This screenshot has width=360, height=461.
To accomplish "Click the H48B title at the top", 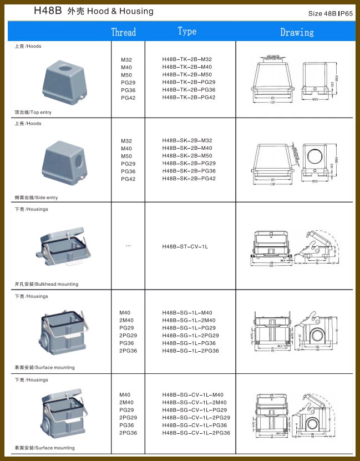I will point(47,11).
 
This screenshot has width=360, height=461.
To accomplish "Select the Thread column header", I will point(123,32).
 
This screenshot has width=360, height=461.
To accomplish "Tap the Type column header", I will point(187,31).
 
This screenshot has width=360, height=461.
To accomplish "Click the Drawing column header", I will point(297,32).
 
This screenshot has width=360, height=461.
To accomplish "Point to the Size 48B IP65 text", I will point(330,13).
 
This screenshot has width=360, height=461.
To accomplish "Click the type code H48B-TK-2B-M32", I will point(187,59).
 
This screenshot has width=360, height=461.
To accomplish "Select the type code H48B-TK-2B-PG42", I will point(189,98).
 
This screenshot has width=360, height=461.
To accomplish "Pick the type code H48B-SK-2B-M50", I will point(187,156).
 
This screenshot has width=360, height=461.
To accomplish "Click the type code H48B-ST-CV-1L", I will point(185,246).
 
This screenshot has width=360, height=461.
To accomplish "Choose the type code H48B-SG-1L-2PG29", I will point(190,336).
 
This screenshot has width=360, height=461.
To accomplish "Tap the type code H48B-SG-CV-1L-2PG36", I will point(196,433).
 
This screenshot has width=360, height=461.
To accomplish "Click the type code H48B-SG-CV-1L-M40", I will point(192,394).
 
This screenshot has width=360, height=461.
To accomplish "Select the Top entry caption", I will point(33,112).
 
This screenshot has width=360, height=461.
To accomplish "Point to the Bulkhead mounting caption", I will point(47,284).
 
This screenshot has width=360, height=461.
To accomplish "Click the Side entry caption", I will point(36,197).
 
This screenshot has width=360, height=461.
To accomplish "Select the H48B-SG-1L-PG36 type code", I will point(189,343).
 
